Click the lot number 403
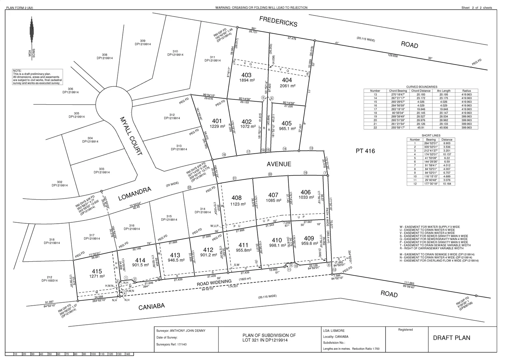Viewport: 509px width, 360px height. pos(246,75)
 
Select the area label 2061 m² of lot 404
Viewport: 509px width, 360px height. pos(287,86)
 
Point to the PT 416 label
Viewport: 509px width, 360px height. pos(365,151)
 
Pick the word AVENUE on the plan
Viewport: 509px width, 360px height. pos(279,164)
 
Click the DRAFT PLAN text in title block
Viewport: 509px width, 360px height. pos(451,338)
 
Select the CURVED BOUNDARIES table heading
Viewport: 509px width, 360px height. pos(422,87)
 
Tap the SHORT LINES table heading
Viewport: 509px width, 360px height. pos(431,135)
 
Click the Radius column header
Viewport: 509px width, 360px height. pos(467,91)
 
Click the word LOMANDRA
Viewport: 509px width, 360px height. pos(135,194)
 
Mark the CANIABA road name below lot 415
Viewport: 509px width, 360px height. pos(152,306)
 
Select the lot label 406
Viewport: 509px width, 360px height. pos(305,192)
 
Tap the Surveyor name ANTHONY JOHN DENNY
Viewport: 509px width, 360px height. pos(188,331)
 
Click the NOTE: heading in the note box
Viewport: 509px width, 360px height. pos(17,71)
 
